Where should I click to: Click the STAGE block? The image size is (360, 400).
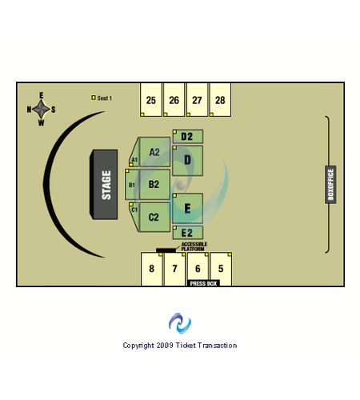[104, 185]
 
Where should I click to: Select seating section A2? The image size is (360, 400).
[154, 152]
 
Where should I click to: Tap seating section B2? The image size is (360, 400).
[154, 185]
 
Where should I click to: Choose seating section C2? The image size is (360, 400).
[154, 217]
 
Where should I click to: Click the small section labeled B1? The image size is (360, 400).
[132, 185]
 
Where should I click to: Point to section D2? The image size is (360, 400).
[188, 137]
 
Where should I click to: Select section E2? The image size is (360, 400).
[188, 233]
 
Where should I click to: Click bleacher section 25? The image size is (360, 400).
[151, 100]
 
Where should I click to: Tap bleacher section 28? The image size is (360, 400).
[220, 100]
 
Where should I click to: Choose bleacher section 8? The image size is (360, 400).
[152, 269]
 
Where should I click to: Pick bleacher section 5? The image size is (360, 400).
[221, 269]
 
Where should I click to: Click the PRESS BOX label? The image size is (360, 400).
[203, 283]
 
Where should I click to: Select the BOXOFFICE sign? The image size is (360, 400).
[330, 185]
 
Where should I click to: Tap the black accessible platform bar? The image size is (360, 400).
[166, 250]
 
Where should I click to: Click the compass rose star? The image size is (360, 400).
[41, 109]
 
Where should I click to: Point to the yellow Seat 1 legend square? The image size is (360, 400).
[94, 98]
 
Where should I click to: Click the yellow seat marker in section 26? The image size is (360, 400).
[166, 114]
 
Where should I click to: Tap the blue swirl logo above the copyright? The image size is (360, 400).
[180, 323]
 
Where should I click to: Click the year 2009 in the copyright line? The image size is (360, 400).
[165, 346]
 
